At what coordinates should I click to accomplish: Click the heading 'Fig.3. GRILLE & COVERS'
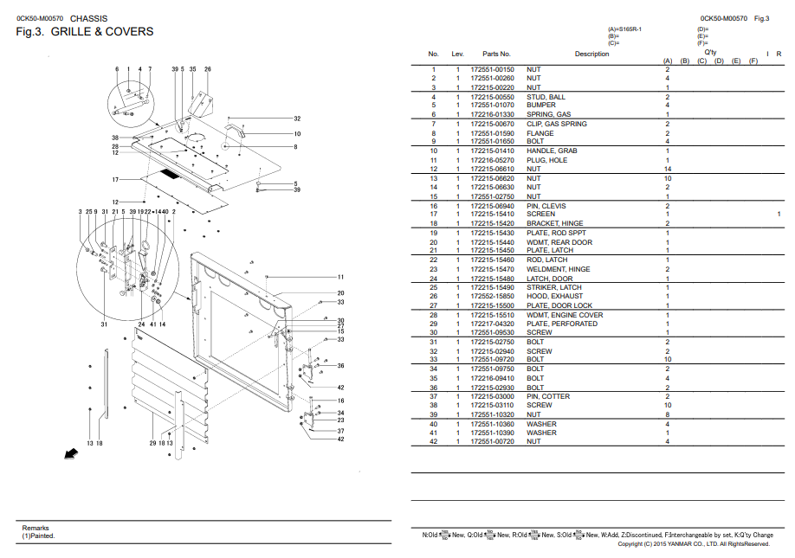[x=85, y=32]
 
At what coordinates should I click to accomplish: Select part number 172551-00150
[x=492, y=69]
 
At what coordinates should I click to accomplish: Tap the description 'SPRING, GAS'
[x=549, y=114]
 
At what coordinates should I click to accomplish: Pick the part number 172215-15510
[x=492, y=315]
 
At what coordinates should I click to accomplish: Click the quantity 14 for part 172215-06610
[x=667, y=169]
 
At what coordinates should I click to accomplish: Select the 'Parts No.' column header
[x=496, y=54]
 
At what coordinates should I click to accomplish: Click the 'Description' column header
[x=591, y=54]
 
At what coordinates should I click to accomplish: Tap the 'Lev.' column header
[x=458, y=54]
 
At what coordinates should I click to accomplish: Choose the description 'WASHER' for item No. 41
[x=541, y=433]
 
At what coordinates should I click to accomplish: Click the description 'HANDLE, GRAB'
[x=552, y=151]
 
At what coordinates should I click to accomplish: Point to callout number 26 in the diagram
[x=208, y=68]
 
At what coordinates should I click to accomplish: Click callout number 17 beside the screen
[x=114, y=179]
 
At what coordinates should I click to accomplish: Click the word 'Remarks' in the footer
[x=36, y=528]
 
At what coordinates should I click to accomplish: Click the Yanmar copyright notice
[x=694, y=544]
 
